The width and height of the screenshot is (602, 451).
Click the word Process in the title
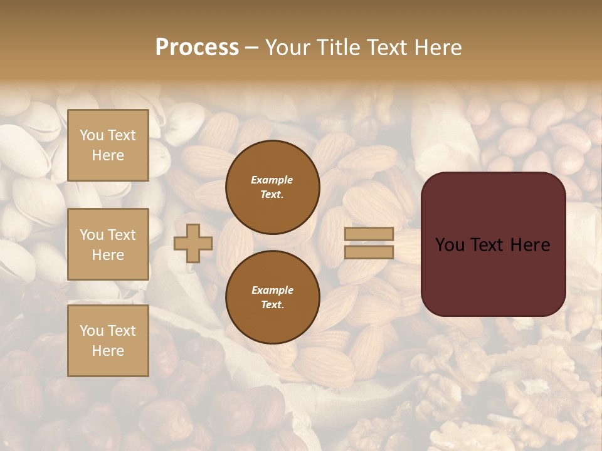pyautogui.click(x=197, y=48)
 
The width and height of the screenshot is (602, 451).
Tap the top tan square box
pyautogui.click(x=108, y=145)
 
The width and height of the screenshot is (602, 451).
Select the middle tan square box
pyautogui.click(x=108, y=244)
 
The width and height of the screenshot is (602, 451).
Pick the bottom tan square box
pyautogui.click(x=108, y=341)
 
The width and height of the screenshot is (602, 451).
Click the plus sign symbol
pyautogui.click(x=193, y=243)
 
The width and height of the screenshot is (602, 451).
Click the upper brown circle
pyautogui.click(x=273, y=187)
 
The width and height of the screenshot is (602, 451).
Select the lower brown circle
pyautogui.click(x=273, y=298)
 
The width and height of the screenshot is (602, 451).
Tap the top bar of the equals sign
pyautogui.click(x=369, y=234)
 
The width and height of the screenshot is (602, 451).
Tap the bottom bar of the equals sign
pyautogui.click(x=369, y=252)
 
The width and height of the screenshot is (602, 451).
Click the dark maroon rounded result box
pyautogui.click(x=493, y=244)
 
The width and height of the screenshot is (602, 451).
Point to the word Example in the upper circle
pyautogui.click(x=272, y=180)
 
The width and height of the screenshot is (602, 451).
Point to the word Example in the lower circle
pyautogui.click(x=272, y=291)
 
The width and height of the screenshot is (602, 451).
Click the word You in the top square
pyautogui.click(x=91, y=135)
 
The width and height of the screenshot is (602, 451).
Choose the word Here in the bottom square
pyautogui.click(x=108, y=351)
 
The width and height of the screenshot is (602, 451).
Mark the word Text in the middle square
pyautogui.click(x=121, y=235)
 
